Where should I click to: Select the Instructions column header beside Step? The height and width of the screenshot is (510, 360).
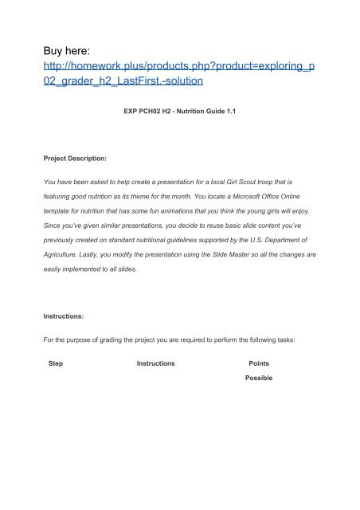click(x=156, y=362)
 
